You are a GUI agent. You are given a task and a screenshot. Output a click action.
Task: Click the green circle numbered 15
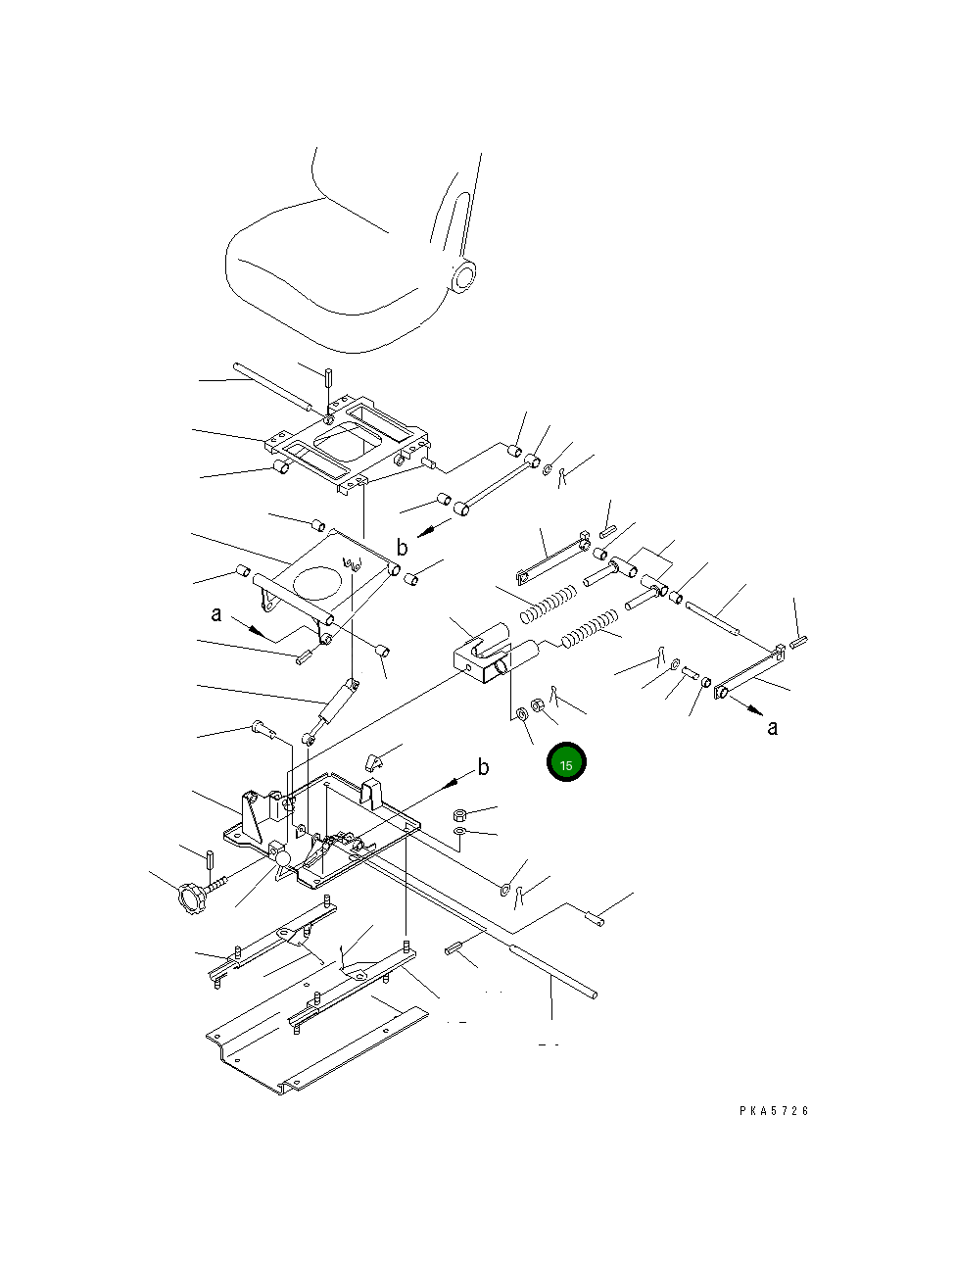click(x=566, y=763)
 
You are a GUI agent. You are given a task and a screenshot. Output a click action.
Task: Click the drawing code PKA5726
click(x=775, y=1111)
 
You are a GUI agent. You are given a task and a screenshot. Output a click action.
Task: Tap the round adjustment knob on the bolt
click(x=190, y=896)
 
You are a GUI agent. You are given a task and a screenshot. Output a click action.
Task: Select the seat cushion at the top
click(x=323, y=274)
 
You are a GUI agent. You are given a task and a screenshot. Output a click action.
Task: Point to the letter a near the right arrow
click(x=773, y=728)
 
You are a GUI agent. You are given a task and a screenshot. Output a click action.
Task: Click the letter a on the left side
click(x=216, y=614)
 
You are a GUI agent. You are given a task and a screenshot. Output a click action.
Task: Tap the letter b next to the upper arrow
click(x=402, y=548)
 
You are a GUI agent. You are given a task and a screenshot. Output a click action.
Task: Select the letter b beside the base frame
click(x=483, y=768)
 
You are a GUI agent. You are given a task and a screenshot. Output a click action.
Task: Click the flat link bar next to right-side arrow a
click(x=749, y=676)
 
